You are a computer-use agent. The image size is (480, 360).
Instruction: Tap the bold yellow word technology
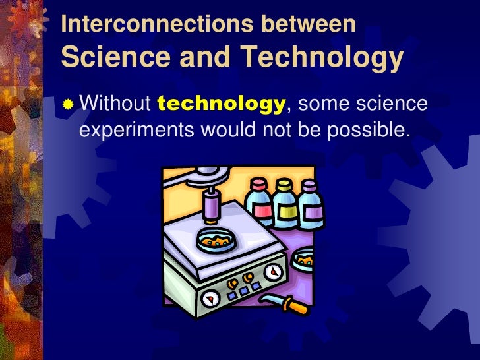click(222, 104)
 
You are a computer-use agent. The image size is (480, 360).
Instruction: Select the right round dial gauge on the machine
click(272, 272)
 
